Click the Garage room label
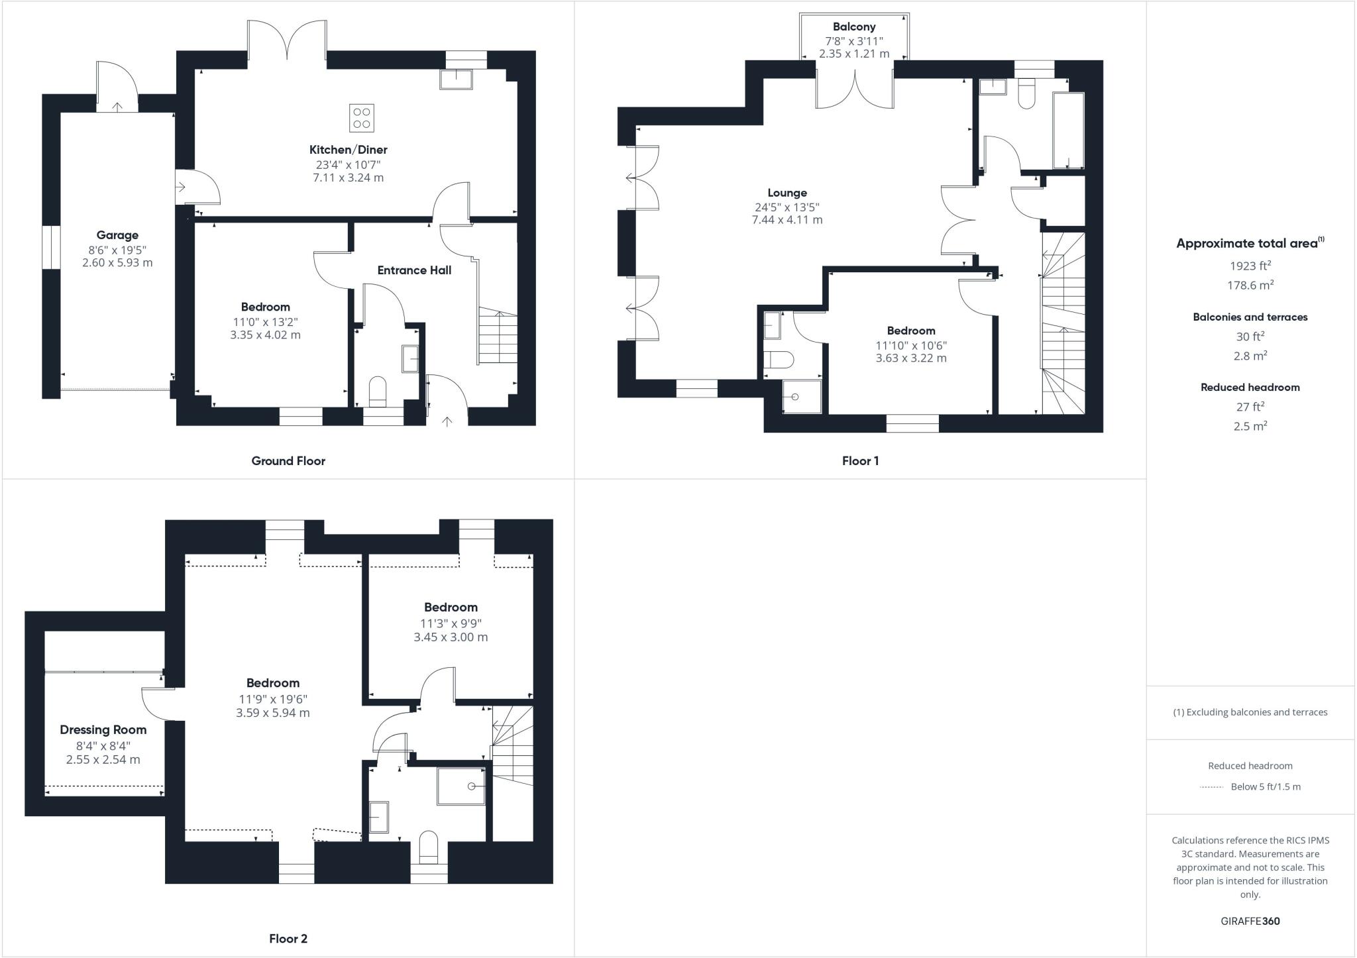pyautogui.click(x=117, y=235)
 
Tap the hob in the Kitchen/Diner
pyautogui.click(x=362, y=118)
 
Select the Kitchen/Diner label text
pyautogui.click(x=348, y=150)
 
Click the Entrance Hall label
pyautogui.click(x=414, y=270)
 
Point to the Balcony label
pyautogui.click(x=854, y=27)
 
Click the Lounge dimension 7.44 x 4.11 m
pyautogui.click(x=787, y=220)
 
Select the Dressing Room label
pyautogui.click(x=103, y=730)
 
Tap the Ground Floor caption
pyautogui.click(x=288, y=461)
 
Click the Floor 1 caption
pyautogui.click(x=860, y=461)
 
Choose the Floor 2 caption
pyautogui.click(x=288, y=939)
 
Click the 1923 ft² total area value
pyautogui.click(x=1250, y=266)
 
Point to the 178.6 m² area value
pyautogui.click(x=1250, y=286)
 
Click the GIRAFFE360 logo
pyautogui.click(x=1250, y=921)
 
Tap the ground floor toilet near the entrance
pyautogui.click(x=378, y=391)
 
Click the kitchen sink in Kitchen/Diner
pyautogui.click(x=456, y=79)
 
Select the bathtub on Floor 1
pyautogui.click(x=1068, y=130)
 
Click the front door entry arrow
pyautogui.click(x=447, y=421)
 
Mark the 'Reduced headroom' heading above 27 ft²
pyautogui.click(x=1250, y=388)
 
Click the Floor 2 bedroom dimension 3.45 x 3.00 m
pyautogui.click(x=451, y=637)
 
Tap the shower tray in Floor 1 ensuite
pyautogui.click(x=802, y=397)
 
